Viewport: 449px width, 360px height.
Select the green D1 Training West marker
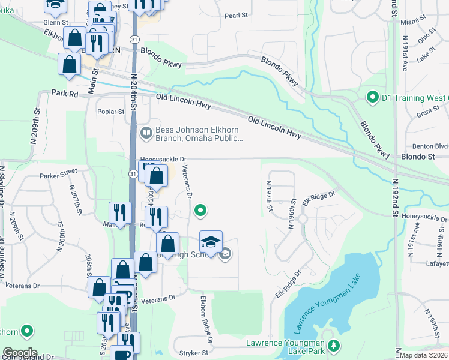click(372, 97)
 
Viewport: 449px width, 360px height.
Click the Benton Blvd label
click(430, 146)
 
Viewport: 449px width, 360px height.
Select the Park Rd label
click(65, 94)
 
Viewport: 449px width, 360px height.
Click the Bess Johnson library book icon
click(145, 133)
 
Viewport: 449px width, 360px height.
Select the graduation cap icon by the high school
click(211, 242)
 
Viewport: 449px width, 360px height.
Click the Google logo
click(20, 353)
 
